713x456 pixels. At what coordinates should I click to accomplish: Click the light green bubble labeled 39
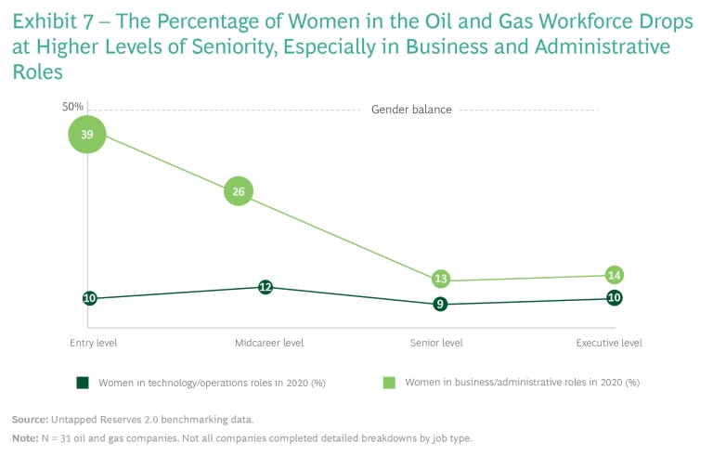[x=87, y=135]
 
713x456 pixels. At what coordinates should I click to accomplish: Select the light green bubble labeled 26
[x=239, y=192]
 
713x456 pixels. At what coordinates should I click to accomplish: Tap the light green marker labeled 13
[x=442, y=279]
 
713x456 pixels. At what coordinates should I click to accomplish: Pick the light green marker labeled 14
[x=614, y=275]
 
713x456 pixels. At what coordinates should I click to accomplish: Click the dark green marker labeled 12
[x=266, y=287]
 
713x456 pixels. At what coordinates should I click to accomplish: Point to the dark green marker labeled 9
[x=440, y=304]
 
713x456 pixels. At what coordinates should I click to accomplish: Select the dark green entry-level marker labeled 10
[x=89, y=298]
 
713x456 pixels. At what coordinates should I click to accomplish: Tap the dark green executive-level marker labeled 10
[x=614, y=297]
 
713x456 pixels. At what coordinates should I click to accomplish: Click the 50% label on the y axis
[x=73, y=107]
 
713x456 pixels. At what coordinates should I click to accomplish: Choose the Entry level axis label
[x=93, y=343]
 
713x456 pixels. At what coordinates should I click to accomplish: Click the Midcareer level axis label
[x=269, y=343]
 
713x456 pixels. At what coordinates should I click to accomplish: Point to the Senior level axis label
[x=436, y=343]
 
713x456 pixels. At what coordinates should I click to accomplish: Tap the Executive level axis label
[x=609, y=343]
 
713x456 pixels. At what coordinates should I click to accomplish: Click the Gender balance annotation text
[x=411, y=110]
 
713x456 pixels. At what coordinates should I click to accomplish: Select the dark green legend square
[x=82, y=382]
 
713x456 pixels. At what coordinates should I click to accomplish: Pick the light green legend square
[x=390, y=382]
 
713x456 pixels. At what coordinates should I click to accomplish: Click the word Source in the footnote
[x=30, y=420]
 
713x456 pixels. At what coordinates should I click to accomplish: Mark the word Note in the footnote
[x=25, y=437]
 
